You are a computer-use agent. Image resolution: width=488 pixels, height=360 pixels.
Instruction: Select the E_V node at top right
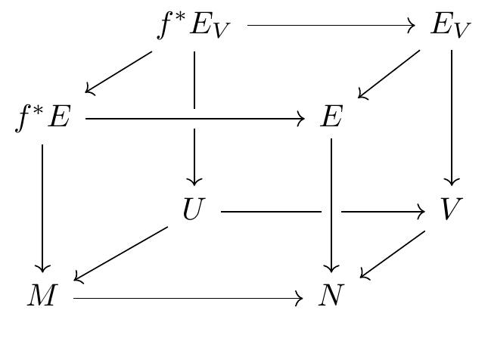450,26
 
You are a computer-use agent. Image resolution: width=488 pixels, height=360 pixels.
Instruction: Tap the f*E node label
43,119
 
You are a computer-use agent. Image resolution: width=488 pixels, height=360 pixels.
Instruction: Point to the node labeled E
331,119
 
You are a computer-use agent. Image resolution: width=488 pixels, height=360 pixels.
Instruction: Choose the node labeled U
194,209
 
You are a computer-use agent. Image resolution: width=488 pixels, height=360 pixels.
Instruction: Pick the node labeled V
451,209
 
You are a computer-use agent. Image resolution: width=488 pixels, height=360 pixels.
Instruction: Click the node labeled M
42,297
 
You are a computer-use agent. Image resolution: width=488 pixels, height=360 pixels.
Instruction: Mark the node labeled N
331,297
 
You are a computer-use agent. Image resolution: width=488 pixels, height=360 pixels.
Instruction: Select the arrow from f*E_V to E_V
331,26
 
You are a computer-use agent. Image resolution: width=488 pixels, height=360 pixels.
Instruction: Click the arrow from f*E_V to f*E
119,73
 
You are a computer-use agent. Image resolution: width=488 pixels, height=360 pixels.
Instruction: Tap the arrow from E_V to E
389,74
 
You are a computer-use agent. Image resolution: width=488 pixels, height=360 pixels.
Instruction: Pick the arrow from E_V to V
452,117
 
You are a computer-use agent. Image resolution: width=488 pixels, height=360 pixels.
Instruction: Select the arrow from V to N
392,254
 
